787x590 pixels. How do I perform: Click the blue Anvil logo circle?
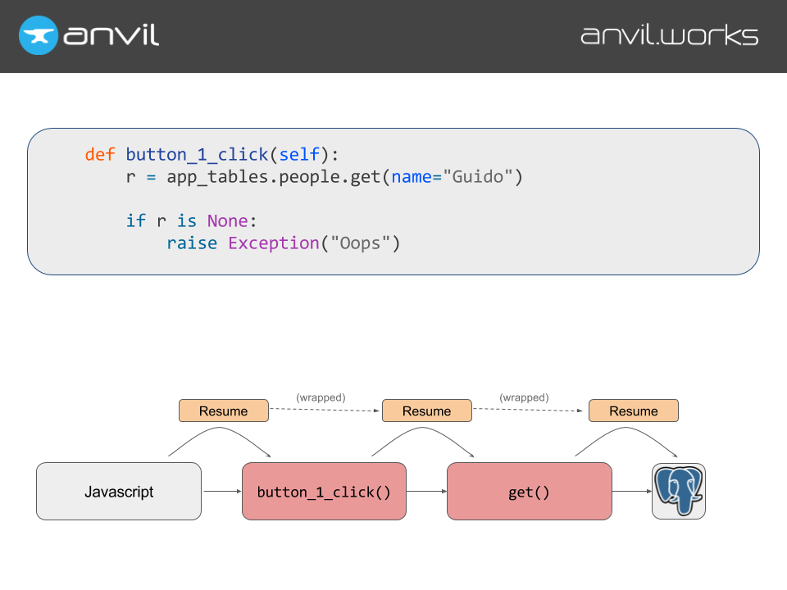(39, 35)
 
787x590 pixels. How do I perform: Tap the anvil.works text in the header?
(669, 36)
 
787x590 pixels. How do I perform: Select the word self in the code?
(299, 155)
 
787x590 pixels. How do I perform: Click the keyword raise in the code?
(192, 243)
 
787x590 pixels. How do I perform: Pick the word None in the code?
(227, 221)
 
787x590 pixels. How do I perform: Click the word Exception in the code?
(273, 243)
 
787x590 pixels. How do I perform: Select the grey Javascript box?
(119, 492)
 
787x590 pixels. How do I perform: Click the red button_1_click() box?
(324, 492)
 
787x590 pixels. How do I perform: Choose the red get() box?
(529, 492)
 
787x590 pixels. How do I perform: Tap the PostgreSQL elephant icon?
(679, 491)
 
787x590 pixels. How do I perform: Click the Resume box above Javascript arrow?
(224, 411)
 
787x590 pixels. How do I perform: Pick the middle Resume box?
(427, 411)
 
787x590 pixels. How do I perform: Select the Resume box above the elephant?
(634, 411)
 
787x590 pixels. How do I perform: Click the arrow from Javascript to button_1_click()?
(221, 492)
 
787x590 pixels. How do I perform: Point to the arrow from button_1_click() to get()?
(426, 492)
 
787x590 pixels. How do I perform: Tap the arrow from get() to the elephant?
(631, 492)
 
